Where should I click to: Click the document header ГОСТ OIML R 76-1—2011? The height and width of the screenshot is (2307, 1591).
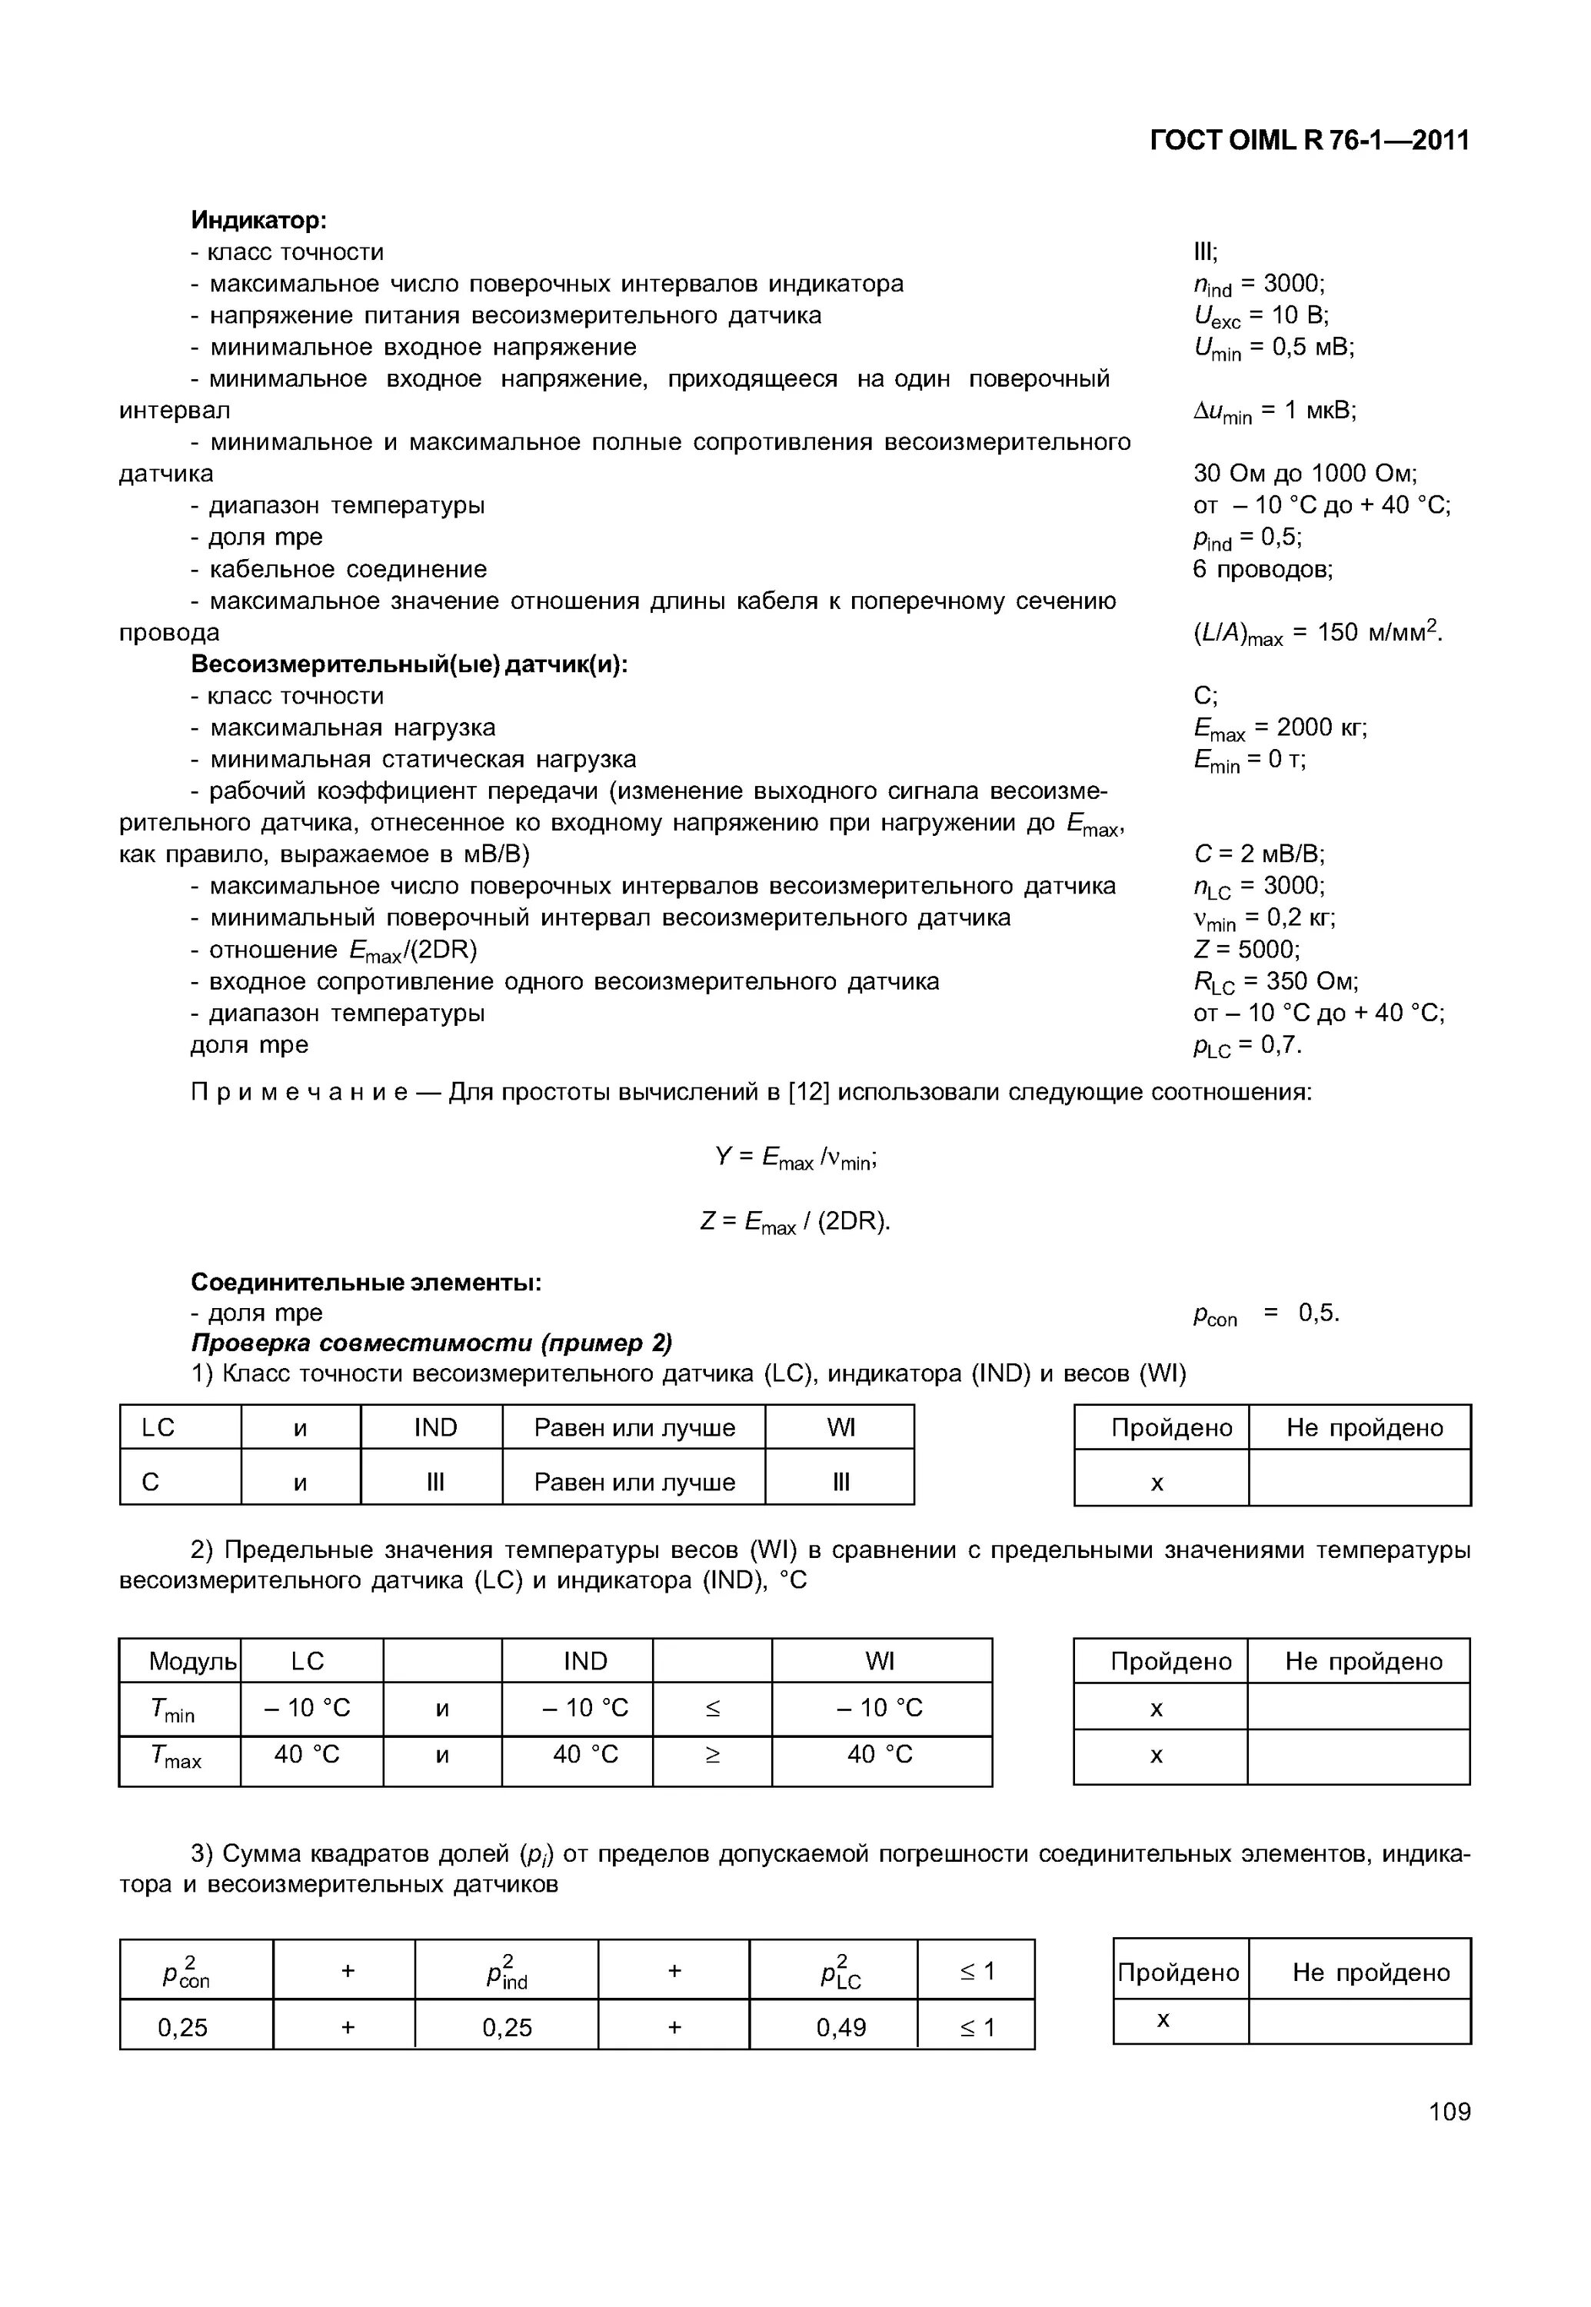(x=1309, y=141)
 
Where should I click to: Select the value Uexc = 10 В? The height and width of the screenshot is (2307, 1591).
(x=1260, y=316)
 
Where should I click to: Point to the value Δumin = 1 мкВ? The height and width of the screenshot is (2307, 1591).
(x=1274, y=411)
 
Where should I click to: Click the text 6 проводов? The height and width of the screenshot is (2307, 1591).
(x=1262, y=569)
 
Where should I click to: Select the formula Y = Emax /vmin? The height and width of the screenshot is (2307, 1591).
(x=795, y=1157)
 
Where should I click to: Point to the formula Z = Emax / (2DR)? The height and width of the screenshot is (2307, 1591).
(x=795, y=1221)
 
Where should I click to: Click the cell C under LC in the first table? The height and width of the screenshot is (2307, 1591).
(x=151, y=1483)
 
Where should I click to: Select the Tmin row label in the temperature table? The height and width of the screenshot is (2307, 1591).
(x=174, y=1709)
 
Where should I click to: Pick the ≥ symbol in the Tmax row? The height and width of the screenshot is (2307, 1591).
(x=712, y=1756)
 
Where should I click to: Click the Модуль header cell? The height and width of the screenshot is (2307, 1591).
(x=192, y=1661)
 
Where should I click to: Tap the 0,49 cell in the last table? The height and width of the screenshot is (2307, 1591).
(x=840, y=2027)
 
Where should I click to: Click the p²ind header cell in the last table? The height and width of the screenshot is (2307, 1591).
(x=507, y=1972)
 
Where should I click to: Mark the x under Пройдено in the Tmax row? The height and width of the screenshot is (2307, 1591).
(x=1157, y=1756)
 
